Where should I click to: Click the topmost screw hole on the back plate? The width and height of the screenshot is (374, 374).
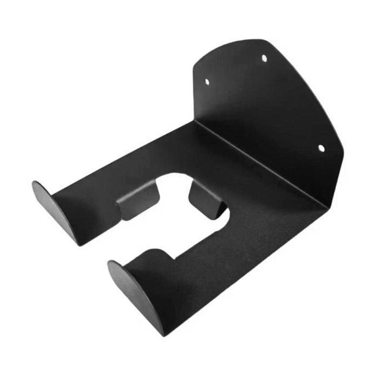(264, 58)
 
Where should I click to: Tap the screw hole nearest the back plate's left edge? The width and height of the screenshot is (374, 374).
(207, 82)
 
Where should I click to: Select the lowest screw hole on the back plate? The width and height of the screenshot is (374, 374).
(321, 148)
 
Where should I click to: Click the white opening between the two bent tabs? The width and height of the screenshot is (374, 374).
(174, 190)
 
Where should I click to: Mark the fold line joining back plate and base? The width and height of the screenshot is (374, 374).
(259, 164)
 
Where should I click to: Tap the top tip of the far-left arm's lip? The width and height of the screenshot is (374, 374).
(34, 182)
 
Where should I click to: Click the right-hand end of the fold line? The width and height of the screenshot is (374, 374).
(326, 209)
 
